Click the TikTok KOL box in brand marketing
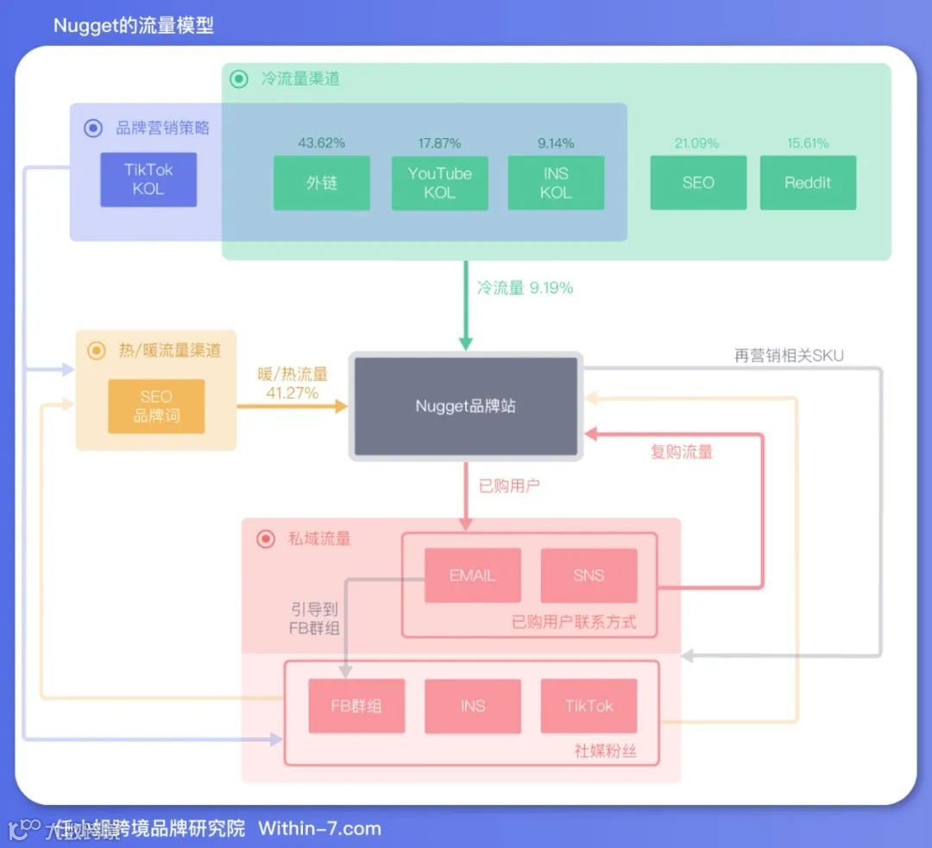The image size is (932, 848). tap(148, 180)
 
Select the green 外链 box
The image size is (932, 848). tap(322, 183)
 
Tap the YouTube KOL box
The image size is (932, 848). tap(439, 183)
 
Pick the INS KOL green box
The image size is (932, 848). tap(556, 183)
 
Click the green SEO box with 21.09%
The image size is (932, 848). tap(698, 183)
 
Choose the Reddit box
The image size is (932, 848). tap(808, 183)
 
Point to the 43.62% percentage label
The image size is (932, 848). tap(322, 142)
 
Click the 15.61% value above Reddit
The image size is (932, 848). tap(808, 142)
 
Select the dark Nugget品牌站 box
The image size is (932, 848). tap(466, 406)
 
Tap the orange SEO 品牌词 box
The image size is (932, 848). tap(156, 406)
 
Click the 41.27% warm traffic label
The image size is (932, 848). tap(293, 393)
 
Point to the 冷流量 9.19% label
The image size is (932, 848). tap(525, 288)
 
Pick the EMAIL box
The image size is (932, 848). tap(472, 575)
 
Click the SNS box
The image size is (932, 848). tap(589, 575)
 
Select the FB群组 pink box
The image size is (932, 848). tap(356, 706)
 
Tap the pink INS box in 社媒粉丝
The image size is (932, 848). tap(472, 706)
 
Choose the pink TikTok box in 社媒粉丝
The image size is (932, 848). tap(589, 706)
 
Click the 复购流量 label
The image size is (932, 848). tap(682, 452)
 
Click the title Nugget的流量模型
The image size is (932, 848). tap(134, 25)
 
